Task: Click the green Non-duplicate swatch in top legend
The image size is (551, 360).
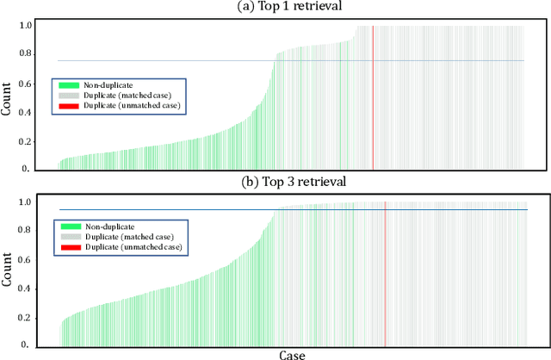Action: [x=69, y=85]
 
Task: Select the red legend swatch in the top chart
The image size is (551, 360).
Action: [x=69, y=104]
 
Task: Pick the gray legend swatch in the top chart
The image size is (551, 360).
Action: [x=69, y=95]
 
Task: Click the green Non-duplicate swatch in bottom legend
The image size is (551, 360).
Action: [x=70, y=226]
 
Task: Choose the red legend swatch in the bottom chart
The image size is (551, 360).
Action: [x=70, y=246]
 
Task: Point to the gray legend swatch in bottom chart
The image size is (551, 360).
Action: [x=70, y=236]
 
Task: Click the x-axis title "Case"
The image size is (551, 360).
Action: [x=292, y=354]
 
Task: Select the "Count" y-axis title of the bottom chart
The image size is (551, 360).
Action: [x=8, y=272]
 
